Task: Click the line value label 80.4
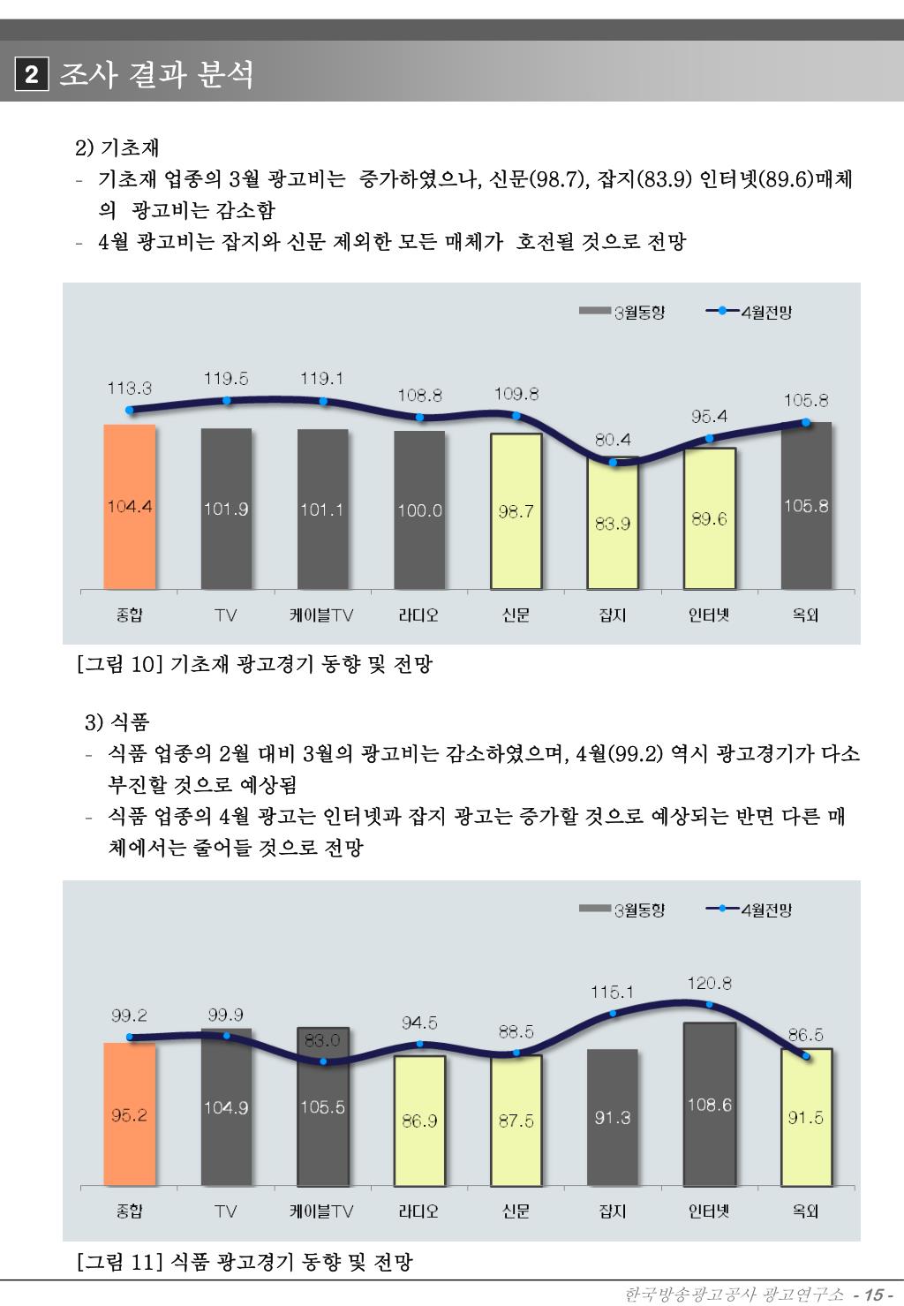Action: click(613, 439)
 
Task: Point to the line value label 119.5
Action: click(226, 378)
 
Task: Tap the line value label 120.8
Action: click(709, 982)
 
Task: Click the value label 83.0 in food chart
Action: click(322, 1041)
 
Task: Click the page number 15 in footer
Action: click(874, 1295)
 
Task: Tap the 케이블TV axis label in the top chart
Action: click(322, 615)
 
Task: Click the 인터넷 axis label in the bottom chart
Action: click(709, 1211)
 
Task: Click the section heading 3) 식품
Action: click(117, 722)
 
